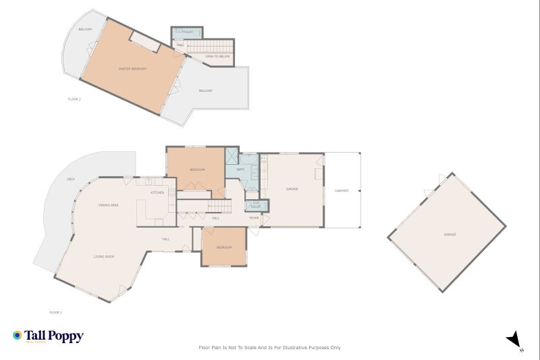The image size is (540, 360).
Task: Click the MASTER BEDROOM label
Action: (132, 69)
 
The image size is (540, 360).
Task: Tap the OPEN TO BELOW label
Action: (217, 56)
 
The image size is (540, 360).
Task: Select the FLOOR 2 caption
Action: (74, 99)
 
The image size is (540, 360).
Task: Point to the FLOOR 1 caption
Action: (55, 312)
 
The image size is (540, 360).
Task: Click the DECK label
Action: (70, 179)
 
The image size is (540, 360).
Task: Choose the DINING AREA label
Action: (109, 205)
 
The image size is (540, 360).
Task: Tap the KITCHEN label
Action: (157, 192)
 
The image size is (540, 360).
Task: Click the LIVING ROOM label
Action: (103, 257)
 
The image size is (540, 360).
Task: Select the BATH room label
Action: (240, 170)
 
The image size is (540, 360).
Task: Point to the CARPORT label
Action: (342, 190)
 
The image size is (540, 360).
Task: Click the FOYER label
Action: (254, 217)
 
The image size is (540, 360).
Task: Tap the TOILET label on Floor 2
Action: (188, 32)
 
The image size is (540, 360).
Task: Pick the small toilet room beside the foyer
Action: (254, 206)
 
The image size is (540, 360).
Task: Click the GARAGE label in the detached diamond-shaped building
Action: (450, 234)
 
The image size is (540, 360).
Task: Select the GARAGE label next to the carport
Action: (292, 189)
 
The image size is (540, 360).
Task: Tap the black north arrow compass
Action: (514, 340)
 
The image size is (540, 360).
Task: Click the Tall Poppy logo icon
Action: (17, 335)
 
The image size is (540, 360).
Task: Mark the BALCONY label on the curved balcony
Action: (85, 30)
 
